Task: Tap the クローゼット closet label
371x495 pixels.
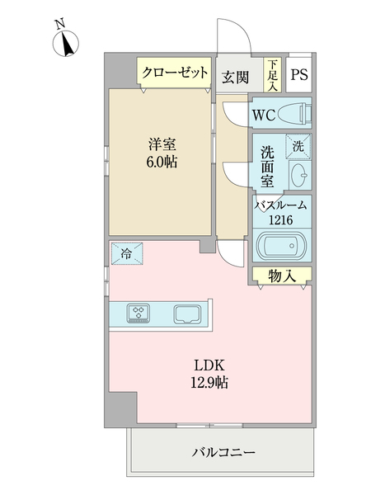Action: [175, 73]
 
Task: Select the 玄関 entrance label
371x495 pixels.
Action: [235, 78]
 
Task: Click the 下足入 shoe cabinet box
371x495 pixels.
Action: [271, 75]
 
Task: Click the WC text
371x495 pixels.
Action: [265, 114]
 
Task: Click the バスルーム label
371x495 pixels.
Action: [281, 205]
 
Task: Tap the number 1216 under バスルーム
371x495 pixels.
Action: [281, 219]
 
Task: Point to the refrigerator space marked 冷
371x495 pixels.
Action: [125, 253]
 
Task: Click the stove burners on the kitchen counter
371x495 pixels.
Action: [138, 313]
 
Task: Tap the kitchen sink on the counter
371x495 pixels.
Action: [188, 313]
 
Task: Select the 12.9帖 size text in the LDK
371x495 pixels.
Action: [210, 383]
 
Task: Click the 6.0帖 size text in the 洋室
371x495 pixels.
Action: [161, 162]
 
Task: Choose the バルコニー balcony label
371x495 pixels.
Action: [223, 453]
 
